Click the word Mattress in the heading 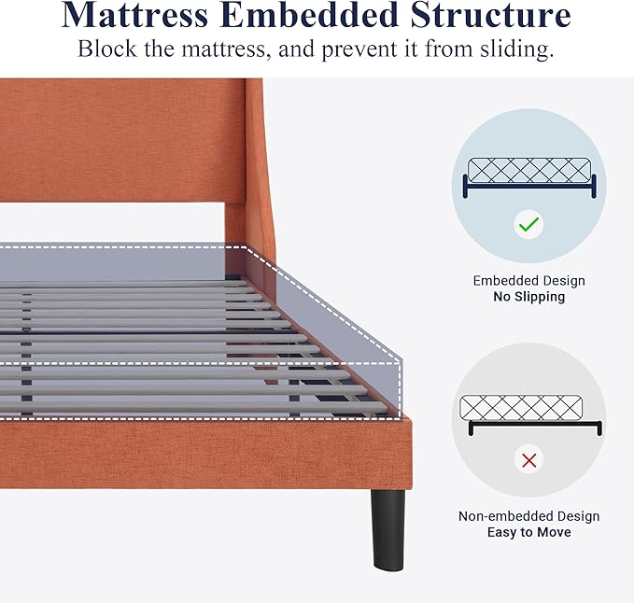pos(134,15)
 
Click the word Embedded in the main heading pos(309,15)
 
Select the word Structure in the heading pos(490,15)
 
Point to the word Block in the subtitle pos(107,49)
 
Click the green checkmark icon pos(528,224)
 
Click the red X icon pos(528,460)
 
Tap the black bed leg pos(388,529)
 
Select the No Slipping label pos(528,297)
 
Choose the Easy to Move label pos(528,532)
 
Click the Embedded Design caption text pos(528,280)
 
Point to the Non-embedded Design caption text pos(528,516)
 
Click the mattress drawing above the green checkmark pos(529,170)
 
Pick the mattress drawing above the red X pos(521,407)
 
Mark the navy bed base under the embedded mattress pos(529,186)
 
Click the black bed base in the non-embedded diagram pos(535,424)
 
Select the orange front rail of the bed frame pos(205,454)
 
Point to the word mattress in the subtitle pos(223,49)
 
